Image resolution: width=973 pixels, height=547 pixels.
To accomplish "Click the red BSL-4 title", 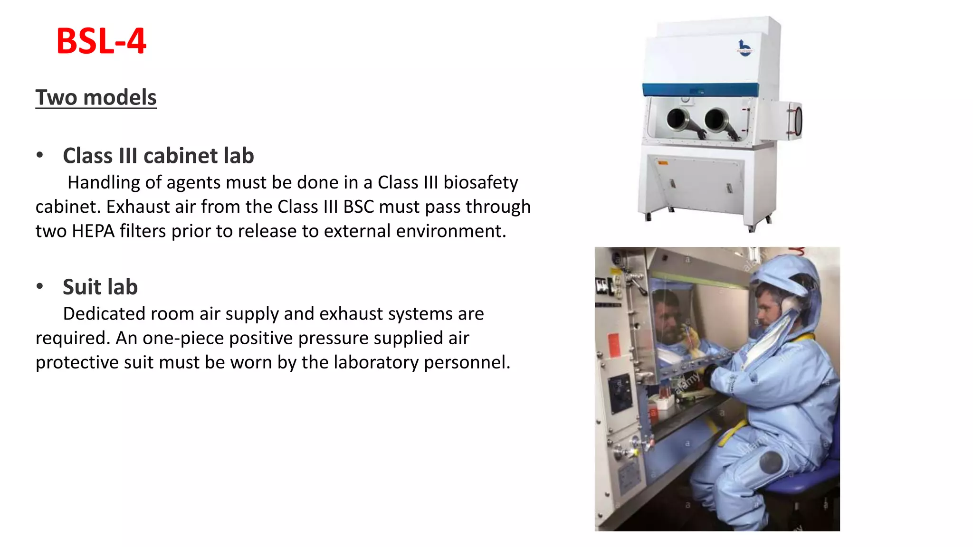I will click(x=101, y=41).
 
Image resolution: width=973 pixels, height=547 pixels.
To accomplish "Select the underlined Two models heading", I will click(x=96, y=97).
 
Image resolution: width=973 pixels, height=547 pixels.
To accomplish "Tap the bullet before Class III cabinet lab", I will click(x=40, y=155).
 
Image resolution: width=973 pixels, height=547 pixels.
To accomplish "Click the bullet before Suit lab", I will click(x=40, y=286).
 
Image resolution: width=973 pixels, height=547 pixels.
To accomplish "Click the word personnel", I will click(x=466, y=362).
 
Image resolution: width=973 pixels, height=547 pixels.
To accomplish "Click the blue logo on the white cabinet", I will click(x=744, y=48).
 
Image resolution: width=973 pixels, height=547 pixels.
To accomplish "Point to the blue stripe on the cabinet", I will click(x=700, y=90).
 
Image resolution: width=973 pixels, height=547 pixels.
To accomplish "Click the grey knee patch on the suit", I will click(x=771, y=462).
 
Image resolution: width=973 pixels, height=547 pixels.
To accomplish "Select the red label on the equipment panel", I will click(x=614, y=344).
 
